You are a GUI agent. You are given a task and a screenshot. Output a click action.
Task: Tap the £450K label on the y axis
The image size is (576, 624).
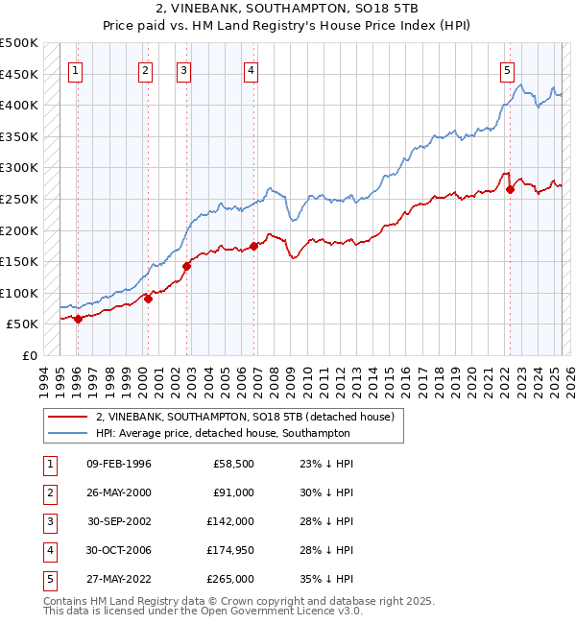[19, 74]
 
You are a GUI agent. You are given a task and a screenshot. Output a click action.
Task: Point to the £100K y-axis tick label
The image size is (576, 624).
[19, 293]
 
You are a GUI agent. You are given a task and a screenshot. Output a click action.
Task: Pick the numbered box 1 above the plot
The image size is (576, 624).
[75, 69]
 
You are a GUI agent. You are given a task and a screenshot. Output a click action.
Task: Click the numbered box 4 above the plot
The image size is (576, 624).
[250, 69]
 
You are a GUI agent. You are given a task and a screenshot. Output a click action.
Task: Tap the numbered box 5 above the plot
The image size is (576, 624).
[507, 69]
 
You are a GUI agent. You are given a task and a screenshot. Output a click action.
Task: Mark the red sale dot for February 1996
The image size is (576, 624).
[78, 320]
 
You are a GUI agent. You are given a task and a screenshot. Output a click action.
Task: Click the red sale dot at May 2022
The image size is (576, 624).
[510, 190]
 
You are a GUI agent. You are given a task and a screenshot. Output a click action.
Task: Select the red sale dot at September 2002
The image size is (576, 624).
[186, 267]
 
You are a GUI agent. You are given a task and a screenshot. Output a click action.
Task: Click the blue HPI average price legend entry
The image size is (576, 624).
[223, 433]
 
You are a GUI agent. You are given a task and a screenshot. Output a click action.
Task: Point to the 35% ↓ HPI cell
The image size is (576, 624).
[326, 579]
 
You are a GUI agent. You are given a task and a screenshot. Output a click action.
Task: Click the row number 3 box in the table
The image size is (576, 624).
[48, 521]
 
